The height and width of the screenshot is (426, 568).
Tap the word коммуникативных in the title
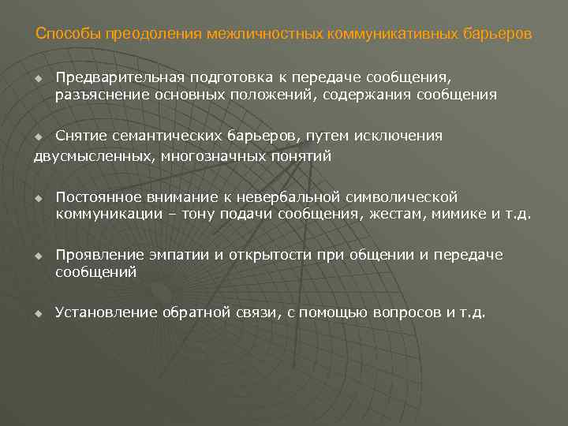pyautogui.click(x=376, y=35)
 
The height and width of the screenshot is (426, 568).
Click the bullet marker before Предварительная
pyautogui.click(x=37, y=78)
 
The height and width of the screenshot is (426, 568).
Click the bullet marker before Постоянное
pyautogui.click(x=37, y=197)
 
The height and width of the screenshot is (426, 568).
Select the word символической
pyautogui.click(x=395, y=196)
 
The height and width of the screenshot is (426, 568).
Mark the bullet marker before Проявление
pyautogui.click(x=37, y=256)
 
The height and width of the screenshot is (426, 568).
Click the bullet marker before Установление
pyautogui.click(x=37, y=313)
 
